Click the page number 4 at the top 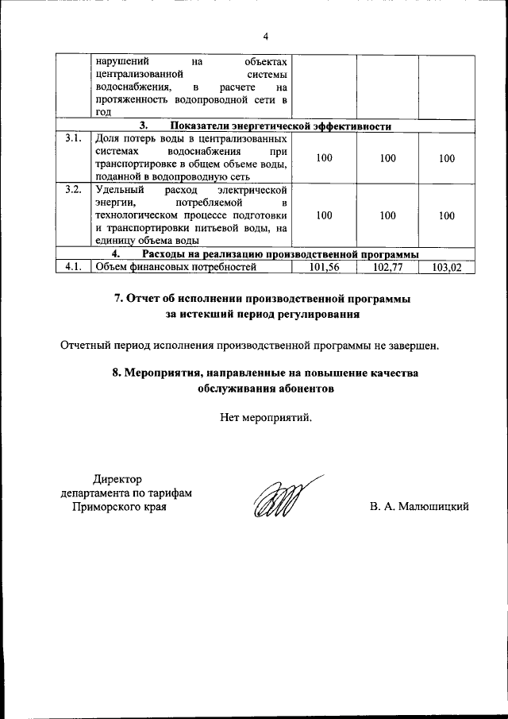(266, 36)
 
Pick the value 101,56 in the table (324, 267)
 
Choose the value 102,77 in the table (387, 267)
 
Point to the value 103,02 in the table (447, 267)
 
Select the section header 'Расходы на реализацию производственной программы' (280, 254)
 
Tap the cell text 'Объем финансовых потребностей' (175, 267)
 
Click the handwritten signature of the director (282, 501)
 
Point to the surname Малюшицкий (433, 506)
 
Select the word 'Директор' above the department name (117, 479)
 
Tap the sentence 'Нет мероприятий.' (266, 416)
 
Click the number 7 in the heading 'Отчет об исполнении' (118, 299)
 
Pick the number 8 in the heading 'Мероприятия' (117, 373)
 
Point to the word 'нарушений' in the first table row (120, 60)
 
